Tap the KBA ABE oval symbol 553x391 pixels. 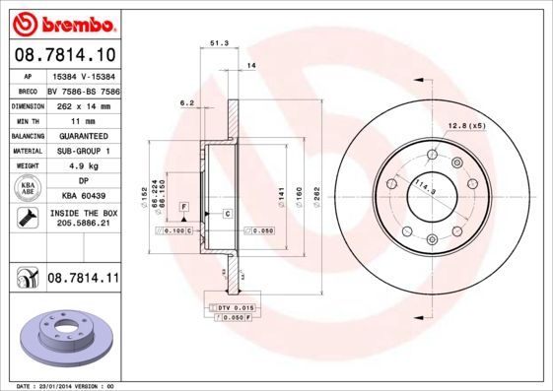coord(29,189)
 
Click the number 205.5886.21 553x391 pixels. coord(83,225)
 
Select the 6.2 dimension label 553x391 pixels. coord(185,102)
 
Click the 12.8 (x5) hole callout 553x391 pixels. coord(467,126)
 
